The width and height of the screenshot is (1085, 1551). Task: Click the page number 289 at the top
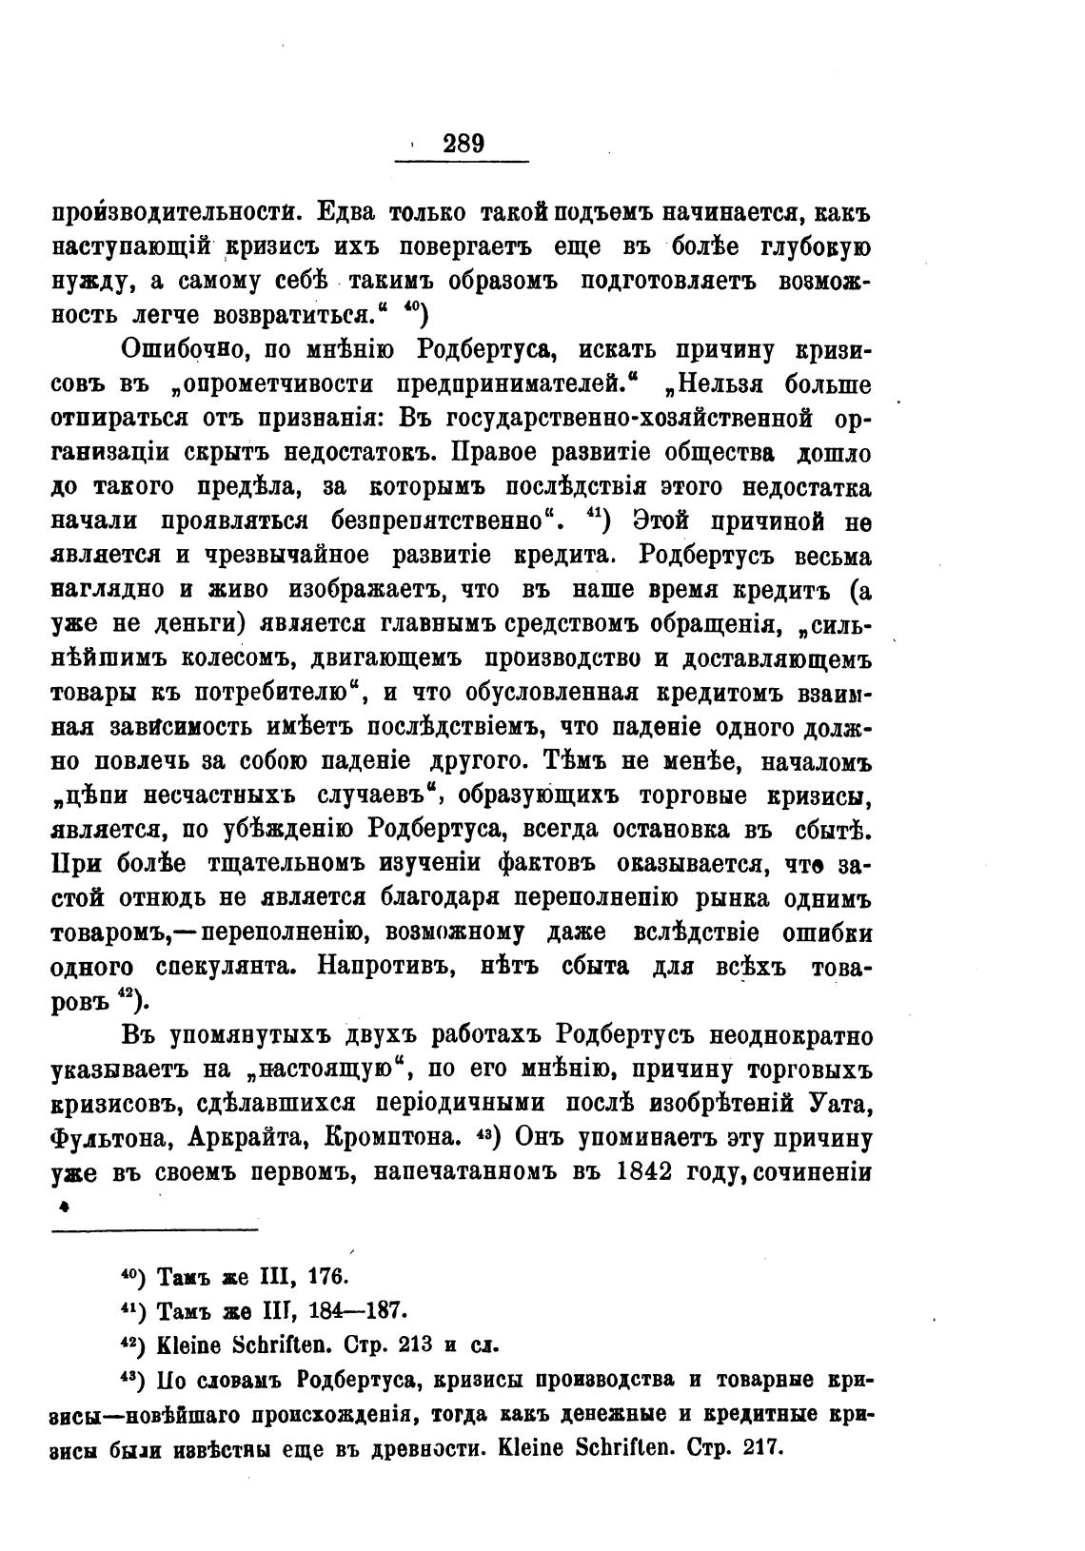pos(464,143)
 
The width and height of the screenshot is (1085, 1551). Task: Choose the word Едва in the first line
pos(352,212)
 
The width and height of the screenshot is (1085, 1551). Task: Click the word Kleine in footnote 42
pos(189,1345)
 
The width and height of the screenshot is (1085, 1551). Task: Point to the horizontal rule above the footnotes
pos(154,1230)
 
